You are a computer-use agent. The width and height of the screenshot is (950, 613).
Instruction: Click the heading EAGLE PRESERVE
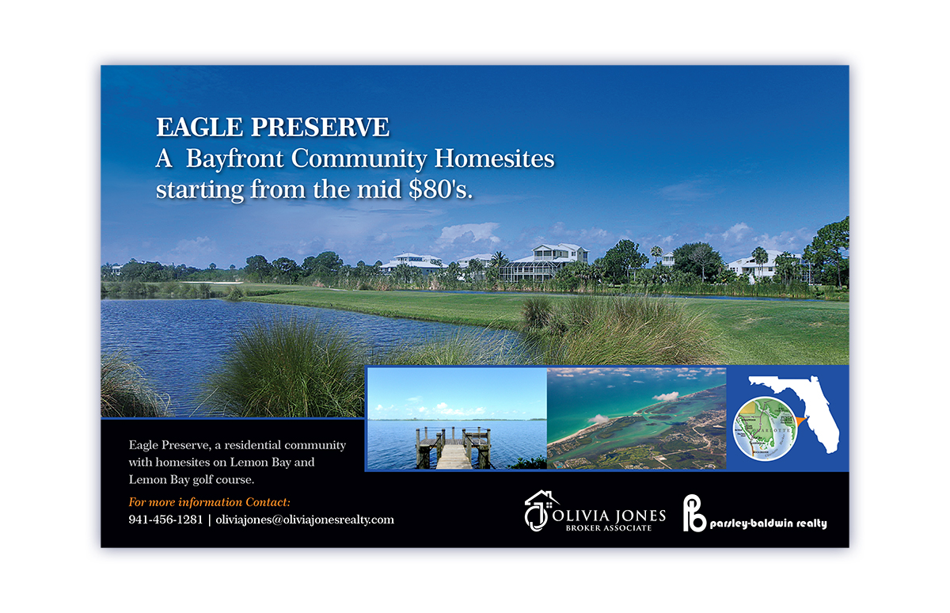tap(272, 128)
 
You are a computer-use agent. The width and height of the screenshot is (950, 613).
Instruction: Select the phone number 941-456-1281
tap(165, 520)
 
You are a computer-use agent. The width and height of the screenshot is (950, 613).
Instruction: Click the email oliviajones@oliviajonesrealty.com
tap(305, 520)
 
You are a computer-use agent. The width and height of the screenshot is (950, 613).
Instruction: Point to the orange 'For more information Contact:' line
tap(209, 502)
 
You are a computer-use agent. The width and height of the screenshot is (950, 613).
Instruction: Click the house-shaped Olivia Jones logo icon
tap(541, 511)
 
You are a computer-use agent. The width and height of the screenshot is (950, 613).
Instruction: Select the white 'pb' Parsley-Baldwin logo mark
tap(694, 512)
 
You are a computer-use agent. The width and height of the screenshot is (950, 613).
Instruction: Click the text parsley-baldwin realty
tap(768, 524)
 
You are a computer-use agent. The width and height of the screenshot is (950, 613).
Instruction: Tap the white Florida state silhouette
tap(800, 404)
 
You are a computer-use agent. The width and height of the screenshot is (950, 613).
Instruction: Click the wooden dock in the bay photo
tap(454, 448)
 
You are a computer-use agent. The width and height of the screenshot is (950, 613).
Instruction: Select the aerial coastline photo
tap(636, 418)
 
